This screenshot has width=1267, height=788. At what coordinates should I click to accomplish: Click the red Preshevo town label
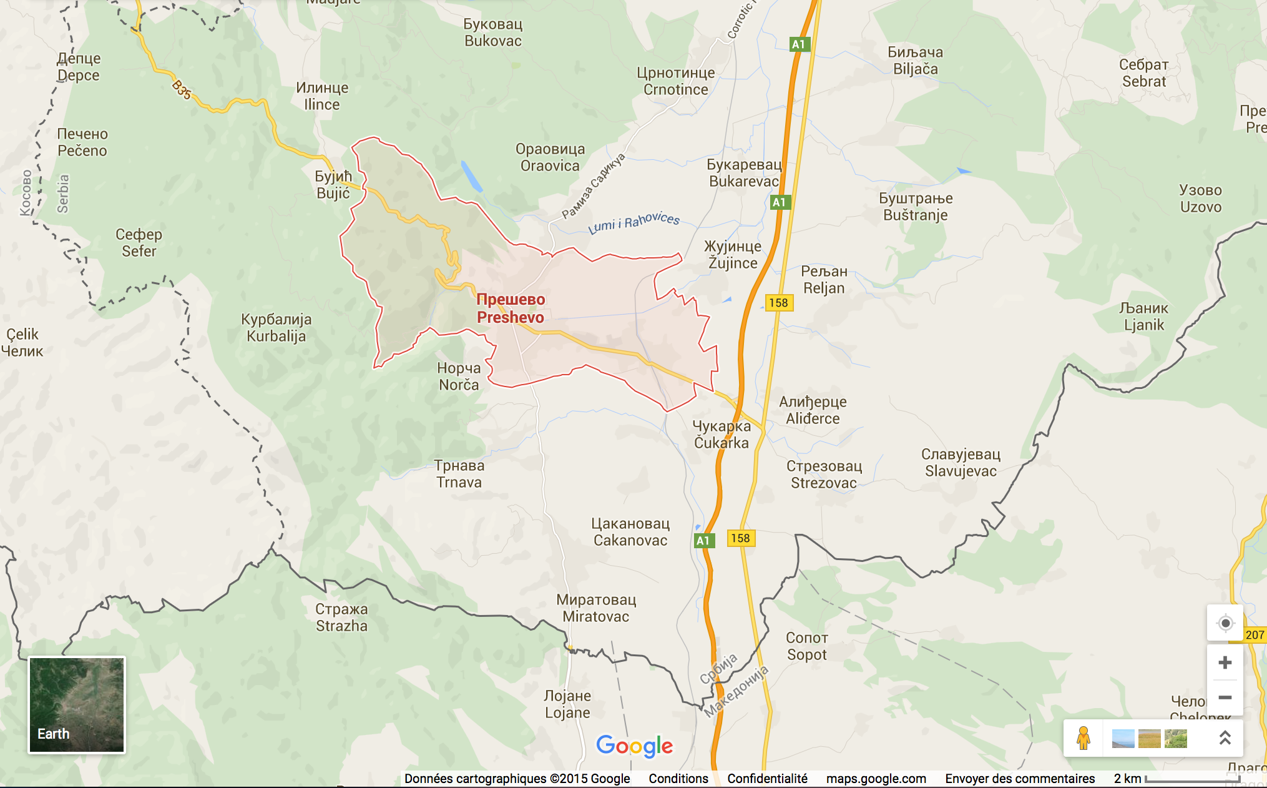coord(511,308)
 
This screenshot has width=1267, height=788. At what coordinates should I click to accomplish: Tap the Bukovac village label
coord(492,32)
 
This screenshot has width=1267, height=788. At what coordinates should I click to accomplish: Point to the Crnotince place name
coord(675,81)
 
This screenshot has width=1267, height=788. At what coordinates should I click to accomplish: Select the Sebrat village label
coord(1143,73)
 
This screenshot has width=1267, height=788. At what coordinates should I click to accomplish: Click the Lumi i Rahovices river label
coord(633,222)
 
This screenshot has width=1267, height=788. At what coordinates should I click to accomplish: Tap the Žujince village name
coord(732,255)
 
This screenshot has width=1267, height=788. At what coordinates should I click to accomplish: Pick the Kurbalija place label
coord(276,328)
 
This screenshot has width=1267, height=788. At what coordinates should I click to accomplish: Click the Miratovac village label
coord(596,608)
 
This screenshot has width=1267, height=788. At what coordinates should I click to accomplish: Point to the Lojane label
coord(567,704)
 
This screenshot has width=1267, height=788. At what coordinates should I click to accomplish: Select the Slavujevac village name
coord(961,463)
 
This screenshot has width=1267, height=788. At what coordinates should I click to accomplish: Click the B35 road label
coord(182,89)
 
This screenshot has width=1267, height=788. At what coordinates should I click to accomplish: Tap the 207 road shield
coord(1255,635)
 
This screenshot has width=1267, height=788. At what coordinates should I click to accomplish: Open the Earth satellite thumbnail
coord(77,705)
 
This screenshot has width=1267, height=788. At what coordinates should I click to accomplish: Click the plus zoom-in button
coord(1225,662)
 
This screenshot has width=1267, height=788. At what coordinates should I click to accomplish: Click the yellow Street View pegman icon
coord(1084,738)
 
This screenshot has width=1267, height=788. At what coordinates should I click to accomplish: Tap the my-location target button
coord(1225,623)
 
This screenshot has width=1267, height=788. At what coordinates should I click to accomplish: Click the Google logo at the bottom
coord(634,746)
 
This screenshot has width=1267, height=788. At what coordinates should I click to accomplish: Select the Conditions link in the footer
coord(678,779)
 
